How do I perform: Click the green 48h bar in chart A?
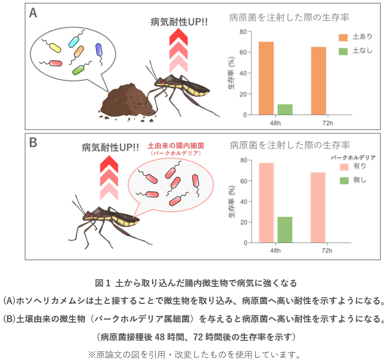[x=285, y=109]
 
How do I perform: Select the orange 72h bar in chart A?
[x=319, y=80]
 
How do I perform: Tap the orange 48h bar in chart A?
[x=266, y=78]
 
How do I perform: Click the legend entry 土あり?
[x=353, y=37]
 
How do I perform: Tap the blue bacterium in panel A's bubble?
[x=99, y=50]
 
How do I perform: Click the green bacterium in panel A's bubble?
[x=79, y=69]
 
